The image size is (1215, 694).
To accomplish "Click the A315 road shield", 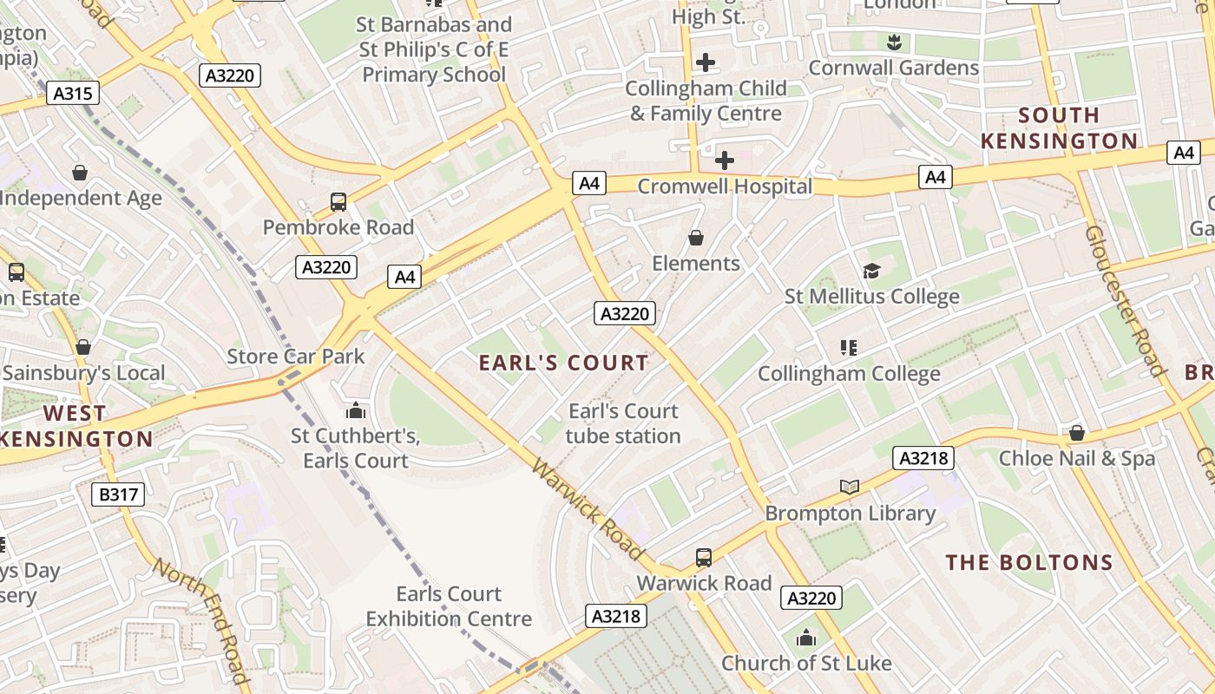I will (x=73, y=94).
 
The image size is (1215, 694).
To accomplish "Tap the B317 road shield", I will (x=118, y=495).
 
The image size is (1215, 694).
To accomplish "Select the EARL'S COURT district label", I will (x=564, y=363).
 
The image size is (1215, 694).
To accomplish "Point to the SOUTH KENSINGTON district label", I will (x=1059, y=128).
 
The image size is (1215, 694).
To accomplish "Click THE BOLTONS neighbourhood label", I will (x=1029, y=563).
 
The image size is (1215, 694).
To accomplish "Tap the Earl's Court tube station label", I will (x=623, y=423).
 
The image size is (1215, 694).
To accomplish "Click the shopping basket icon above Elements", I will (x=696, y=238).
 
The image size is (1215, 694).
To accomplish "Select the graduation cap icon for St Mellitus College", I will (x=871, y=272).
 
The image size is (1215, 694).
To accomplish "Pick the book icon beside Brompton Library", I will (x=850, y=488).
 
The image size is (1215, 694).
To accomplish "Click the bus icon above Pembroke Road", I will (x=338, y=202).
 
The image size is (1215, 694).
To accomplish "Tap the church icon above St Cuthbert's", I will (x=355, y=410).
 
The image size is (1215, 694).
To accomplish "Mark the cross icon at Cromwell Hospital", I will (x=725, y=160).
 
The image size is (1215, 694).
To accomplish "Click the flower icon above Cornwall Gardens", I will (x=893, y=42).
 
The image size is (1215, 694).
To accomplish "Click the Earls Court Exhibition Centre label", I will (x=449, y=606).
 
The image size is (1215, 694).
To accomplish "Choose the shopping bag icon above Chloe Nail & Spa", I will (x=1077, y=432).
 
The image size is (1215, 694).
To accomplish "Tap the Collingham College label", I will (x=849, y=374).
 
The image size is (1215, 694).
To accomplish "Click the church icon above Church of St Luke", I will (x=806, y=638).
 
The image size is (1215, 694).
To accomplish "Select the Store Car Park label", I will (x=296, y=357).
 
